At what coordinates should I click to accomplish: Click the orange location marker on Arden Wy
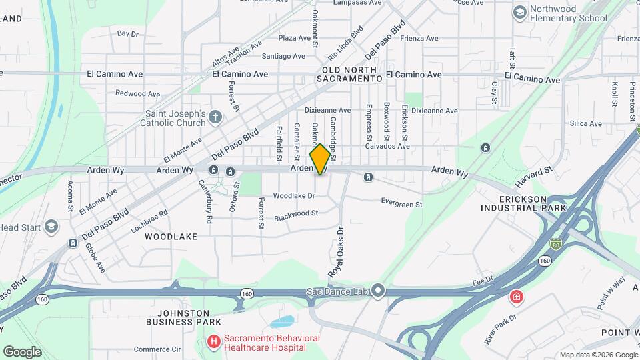(321, 159)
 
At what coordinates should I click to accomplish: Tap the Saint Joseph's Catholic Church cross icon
(215, 117)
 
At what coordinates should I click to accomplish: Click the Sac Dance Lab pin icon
(379, 290)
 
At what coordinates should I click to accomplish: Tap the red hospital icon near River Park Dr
(515, 296)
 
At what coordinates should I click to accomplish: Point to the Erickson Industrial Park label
(523, 203)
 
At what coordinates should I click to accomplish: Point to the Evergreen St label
(402, 201)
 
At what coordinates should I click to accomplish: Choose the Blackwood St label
(296, 214)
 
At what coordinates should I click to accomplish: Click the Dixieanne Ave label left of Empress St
(327, 110)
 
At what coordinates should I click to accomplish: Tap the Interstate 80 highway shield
(556, 245)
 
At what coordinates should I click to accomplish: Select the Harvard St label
(534, 177)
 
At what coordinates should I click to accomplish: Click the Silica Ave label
(586, 123)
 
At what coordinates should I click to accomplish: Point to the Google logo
(22, 351)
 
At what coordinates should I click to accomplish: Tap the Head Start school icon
(51, 227)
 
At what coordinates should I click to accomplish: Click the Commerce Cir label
(157, 349)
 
